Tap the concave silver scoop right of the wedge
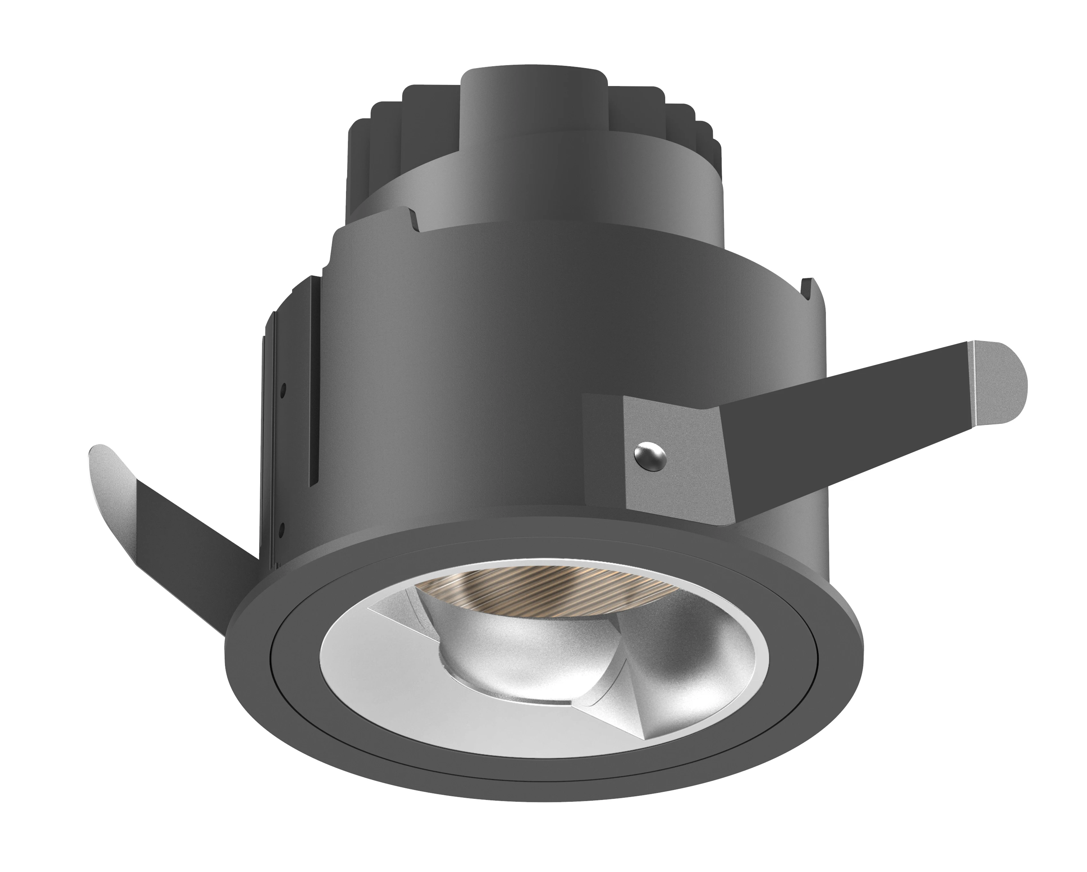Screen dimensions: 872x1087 691,676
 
